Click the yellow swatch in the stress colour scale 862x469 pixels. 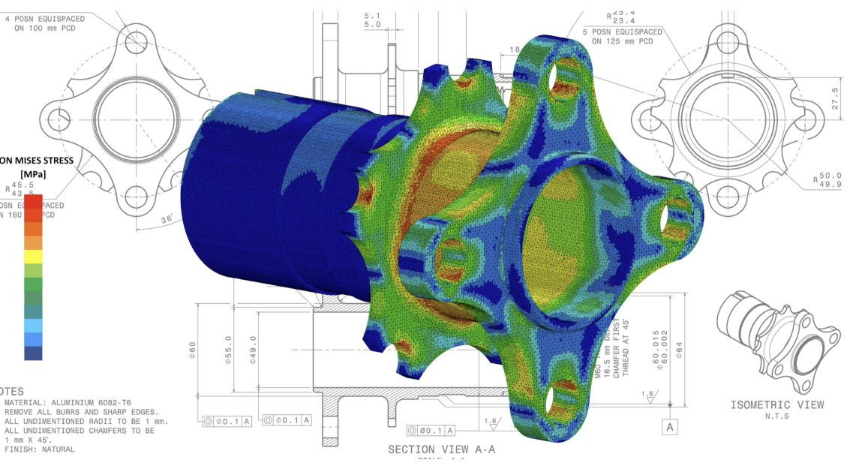[33, 256]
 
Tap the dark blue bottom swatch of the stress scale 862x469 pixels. [33, 353]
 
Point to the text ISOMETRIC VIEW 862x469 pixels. [777, 405]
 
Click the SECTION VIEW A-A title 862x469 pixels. [441, 449]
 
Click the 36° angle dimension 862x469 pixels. [167, 218]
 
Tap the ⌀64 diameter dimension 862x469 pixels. [679, 349]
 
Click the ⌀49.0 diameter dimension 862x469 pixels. [254, 350]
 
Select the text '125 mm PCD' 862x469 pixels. [622, 41]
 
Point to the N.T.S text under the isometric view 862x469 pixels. [777, 416]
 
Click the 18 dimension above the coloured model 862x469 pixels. [515, 50]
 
